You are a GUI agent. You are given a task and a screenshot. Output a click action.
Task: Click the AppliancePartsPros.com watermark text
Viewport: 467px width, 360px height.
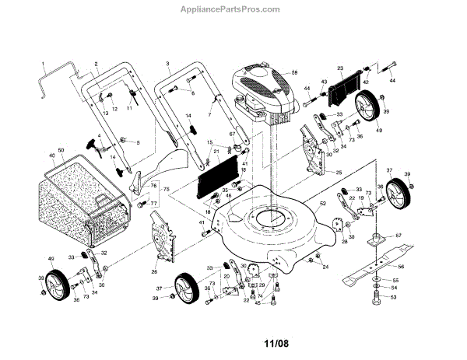pos(234,9)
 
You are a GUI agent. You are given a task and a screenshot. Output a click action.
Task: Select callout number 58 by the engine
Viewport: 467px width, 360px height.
pos(295,72)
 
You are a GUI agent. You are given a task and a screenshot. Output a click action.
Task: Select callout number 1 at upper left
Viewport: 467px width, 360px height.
pos(44,62)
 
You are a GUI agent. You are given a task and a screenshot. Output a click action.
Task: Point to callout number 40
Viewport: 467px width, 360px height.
pos(52,156)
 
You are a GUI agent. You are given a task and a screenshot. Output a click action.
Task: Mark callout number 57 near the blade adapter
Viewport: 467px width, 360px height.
pos(398,234)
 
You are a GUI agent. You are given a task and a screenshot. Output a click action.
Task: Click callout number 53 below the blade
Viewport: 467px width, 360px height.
pos(394,297)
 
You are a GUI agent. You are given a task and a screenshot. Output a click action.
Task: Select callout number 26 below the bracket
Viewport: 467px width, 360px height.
pos(154,271)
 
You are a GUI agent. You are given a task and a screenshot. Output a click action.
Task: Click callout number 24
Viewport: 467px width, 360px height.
pos(325,267)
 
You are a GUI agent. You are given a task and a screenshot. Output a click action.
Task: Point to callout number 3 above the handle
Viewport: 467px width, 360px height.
pos(167,62)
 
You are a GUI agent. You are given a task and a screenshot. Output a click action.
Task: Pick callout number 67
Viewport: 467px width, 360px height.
pos(232,135)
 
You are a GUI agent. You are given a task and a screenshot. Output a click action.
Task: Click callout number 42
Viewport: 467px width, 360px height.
pos(366,81)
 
